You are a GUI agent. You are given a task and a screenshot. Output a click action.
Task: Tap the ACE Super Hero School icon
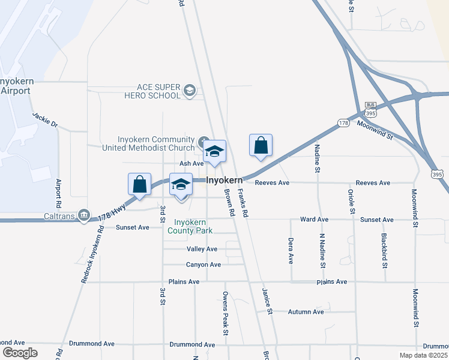(190, 91)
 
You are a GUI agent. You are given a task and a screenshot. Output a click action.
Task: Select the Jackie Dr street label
(44, 119)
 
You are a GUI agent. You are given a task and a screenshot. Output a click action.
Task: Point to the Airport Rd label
(59, 193)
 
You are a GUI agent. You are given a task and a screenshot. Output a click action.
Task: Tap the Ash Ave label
(192, 163)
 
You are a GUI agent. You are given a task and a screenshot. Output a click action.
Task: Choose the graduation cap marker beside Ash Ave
(214, 151)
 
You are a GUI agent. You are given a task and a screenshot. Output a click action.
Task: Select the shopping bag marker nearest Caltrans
(139, 184)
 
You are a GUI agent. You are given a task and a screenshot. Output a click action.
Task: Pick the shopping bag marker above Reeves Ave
(261, 145)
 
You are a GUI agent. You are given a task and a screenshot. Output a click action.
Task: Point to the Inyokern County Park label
(191, 226)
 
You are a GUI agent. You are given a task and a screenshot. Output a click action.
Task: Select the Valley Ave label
(202, 249)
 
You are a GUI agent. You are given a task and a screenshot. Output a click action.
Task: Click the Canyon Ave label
(203, 265)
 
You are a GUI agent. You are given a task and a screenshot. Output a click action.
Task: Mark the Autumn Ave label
(306, 312)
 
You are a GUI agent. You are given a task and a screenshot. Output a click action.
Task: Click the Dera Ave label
(291, 250)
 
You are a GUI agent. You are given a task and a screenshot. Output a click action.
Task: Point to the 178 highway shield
(343, 122)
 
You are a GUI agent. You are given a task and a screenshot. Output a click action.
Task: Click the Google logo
(20, 353)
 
